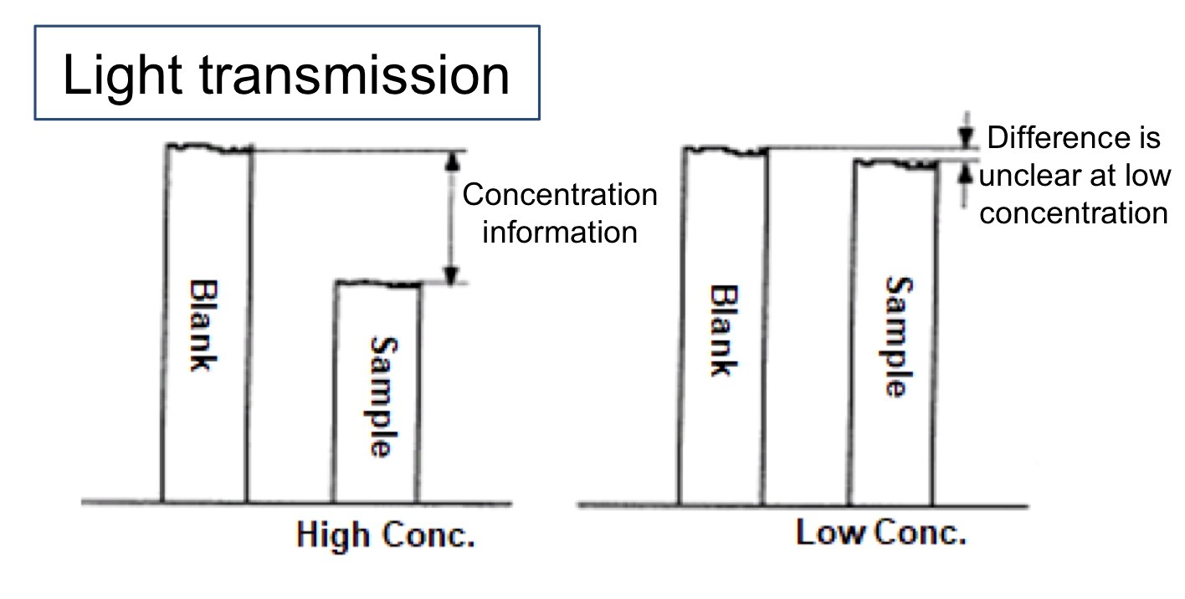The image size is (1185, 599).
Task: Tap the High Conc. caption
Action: coord(386,535)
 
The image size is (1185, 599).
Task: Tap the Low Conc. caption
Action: coord(880,533)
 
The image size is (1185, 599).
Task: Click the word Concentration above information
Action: coord(560,196)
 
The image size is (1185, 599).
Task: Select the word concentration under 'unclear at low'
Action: coord(1074,212)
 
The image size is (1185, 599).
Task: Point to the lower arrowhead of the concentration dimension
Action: coord(451,275)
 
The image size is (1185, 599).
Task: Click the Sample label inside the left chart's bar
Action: coord(382,397)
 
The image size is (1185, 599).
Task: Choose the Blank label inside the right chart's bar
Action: coord(721,331)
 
